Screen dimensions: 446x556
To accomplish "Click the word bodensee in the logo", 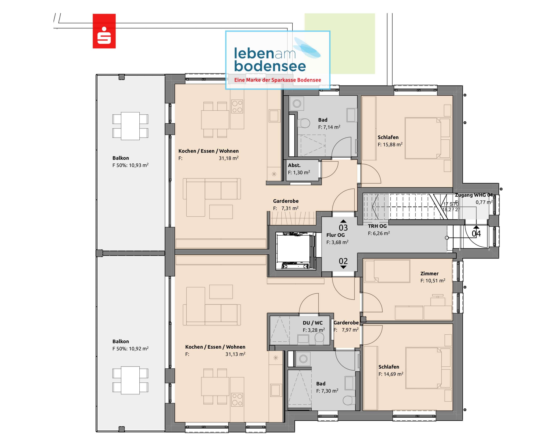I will point(270,66).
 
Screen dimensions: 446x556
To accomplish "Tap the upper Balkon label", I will point(120,158).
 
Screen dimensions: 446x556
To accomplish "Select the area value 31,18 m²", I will point(228,158).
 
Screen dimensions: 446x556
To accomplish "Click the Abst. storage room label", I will point(294,165).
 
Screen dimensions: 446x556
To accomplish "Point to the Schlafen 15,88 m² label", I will point(388,137).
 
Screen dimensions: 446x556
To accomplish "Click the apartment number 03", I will point(343,228).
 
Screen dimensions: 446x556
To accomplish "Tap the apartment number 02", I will point(343,261).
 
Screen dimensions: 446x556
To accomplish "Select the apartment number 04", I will point(476,234).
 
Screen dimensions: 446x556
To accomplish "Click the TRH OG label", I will point(377,226).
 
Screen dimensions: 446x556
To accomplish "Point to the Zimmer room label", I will point(429,274).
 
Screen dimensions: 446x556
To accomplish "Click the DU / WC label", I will point(312,323).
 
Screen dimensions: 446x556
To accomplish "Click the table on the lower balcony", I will point(130,380).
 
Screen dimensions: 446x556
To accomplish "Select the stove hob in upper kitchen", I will point(237,107).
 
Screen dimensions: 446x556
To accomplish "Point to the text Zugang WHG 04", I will point(473,195).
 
